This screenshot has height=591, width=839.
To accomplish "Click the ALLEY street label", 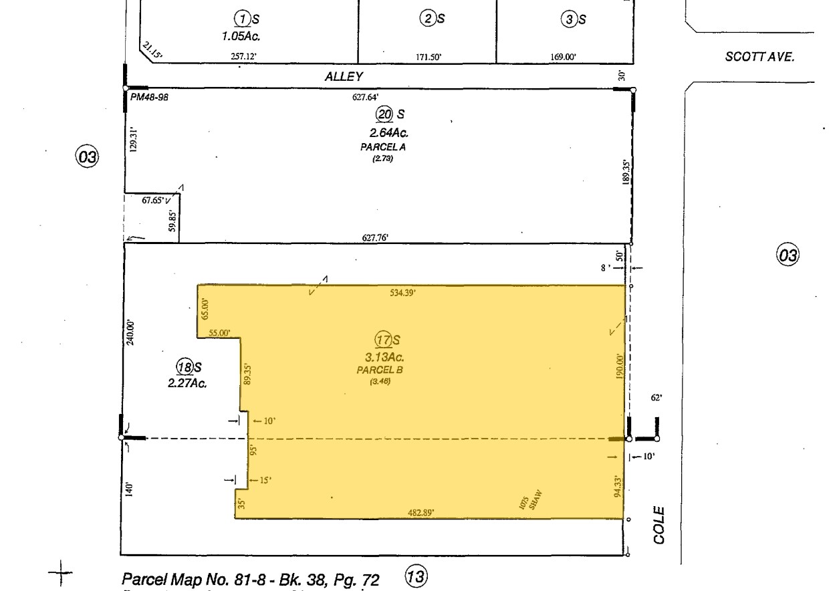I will pos(344,77).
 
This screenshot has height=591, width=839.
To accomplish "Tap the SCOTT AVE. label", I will pos(759,57).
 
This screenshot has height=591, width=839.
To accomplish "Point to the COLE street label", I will pos(659,525).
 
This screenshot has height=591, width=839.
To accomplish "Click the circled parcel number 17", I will pos(382,340).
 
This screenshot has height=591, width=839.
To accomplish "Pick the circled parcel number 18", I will pos(184,366).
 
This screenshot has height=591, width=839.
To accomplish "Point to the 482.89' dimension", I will pos(421,513).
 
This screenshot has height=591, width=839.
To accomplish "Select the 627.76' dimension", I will pos(375,237).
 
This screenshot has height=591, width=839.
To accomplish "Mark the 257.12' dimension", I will pos(243,57).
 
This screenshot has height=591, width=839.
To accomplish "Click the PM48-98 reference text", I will pos(149,97).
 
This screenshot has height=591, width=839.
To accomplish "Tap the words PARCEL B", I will pos(379,369).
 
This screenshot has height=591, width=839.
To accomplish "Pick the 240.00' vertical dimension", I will pos(131,332).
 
